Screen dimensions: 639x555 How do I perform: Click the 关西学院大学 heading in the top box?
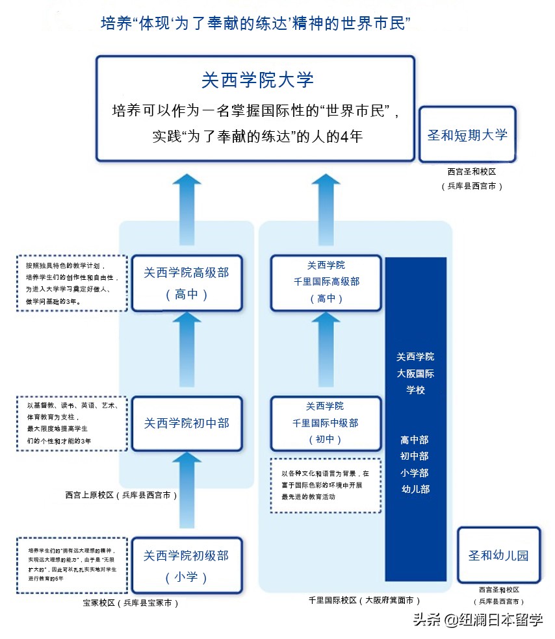coord(257,80)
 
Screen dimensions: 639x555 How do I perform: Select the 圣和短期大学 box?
coord(467,134)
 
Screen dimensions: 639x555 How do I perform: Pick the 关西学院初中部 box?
coord(187,424)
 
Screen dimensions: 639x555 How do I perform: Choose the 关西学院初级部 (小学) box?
coord(187,566)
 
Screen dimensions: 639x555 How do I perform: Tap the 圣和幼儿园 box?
coord(498,555)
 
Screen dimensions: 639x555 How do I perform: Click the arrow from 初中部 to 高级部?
coord(187,351)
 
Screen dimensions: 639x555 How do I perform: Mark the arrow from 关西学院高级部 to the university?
coord(187,208)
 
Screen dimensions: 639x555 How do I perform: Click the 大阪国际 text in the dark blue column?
coord(415,373)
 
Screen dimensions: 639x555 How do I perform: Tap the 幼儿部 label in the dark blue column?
coord(415,489)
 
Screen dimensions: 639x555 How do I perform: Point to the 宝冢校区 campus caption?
coord(130,603)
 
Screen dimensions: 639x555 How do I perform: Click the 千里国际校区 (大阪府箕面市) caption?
coord(364,601)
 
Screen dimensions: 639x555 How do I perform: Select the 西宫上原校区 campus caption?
coord(121,495)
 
